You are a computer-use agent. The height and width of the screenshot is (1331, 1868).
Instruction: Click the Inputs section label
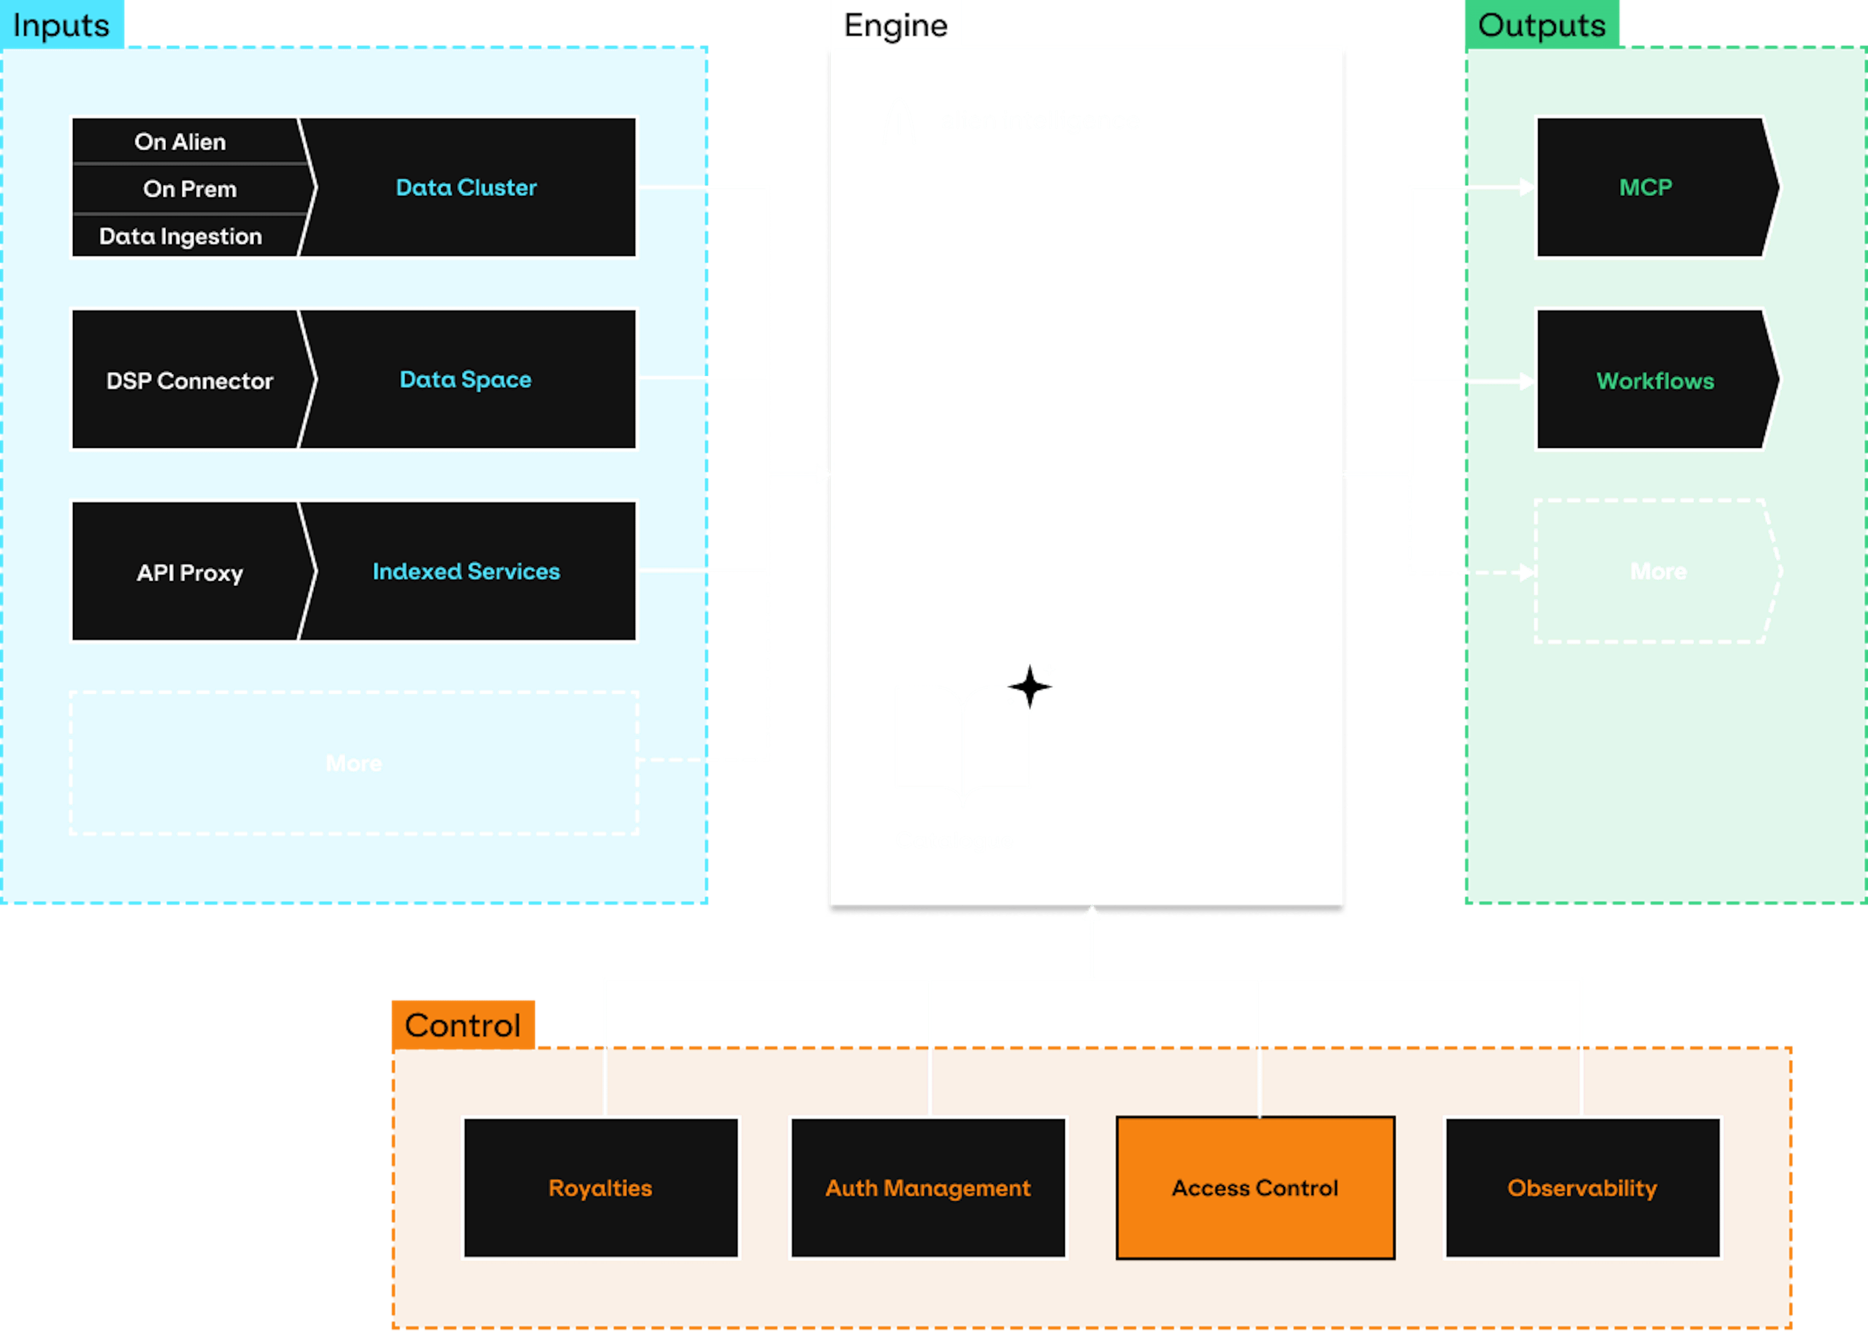[x=61, y=25]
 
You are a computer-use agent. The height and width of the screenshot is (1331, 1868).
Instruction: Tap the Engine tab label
[x=895, y=25]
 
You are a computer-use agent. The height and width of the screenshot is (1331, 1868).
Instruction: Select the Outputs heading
[x=1541, y=25]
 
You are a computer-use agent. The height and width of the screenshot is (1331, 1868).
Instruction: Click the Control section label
[x=462, y=1025]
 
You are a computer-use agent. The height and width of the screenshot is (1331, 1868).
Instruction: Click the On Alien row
[x=180, y=142]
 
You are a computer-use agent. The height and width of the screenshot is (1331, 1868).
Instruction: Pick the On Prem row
[x=189, y=189]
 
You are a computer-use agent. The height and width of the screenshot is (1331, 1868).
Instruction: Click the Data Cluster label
[x=466, y=188]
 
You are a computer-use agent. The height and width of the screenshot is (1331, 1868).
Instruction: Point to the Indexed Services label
[x=466, y=571]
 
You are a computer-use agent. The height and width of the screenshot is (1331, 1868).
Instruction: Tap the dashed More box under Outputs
[x=1657, y=571]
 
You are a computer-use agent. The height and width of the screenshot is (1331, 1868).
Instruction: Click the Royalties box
[x=600, y=1188]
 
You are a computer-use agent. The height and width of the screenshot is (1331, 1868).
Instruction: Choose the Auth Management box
[x=928, y=1188]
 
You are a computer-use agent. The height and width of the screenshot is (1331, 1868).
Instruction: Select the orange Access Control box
[x=1255, y=1188]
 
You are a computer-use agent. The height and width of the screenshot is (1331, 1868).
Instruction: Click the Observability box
[x=1582, y=1188]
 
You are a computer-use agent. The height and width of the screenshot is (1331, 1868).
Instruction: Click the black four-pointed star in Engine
[x=1029, y=687]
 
